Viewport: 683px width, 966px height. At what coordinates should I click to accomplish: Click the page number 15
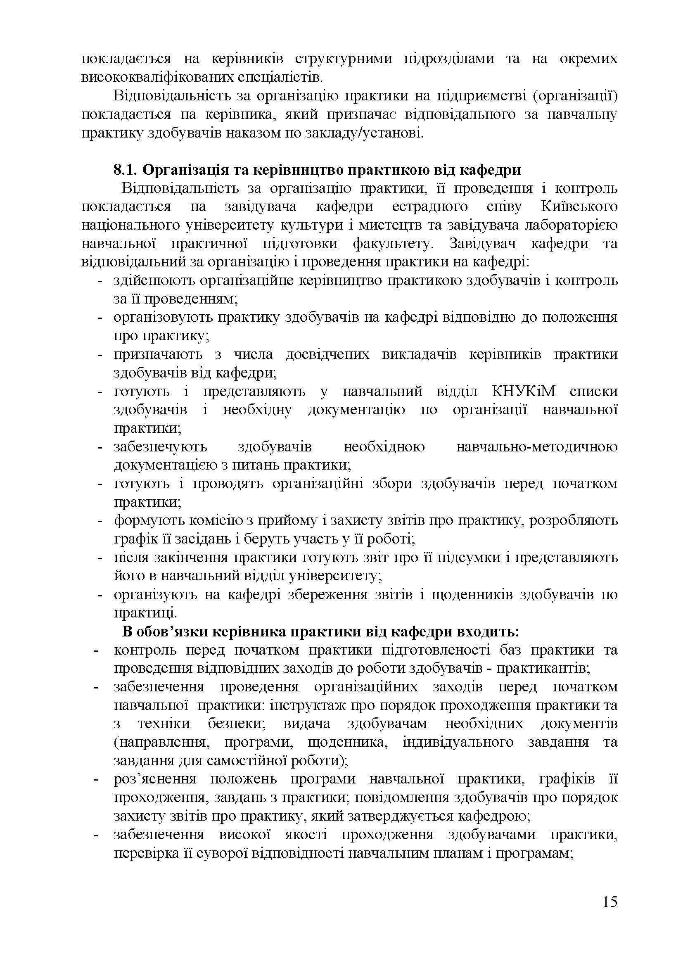(609, 914)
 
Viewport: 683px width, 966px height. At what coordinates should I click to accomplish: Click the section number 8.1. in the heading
(126, 170)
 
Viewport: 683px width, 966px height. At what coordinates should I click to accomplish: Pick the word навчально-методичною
(537, 447)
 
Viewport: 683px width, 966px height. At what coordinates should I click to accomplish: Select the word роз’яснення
(155, 779)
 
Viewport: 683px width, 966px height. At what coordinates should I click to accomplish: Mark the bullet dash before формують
(100, 521)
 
